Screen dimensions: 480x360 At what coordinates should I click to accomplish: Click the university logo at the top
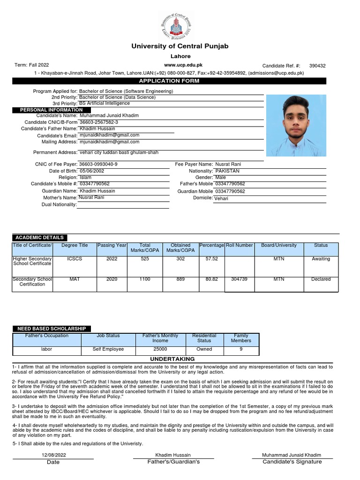[176, 26]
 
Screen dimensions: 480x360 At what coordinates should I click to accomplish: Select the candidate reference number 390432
[317, 66]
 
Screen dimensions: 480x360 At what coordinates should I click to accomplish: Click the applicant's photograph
[296, 125]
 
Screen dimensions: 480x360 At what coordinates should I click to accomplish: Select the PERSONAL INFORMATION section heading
[51, 110]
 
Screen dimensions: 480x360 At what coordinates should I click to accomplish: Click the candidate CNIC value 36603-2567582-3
[99, 122]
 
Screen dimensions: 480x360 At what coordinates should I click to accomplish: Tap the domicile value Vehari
[221, 199]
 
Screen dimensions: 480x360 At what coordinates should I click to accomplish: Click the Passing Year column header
[112, 245]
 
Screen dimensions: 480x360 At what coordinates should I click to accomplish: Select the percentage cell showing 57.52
[212, 259]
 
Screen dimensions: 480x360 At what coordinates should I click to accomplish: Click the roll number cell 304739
[239, 279]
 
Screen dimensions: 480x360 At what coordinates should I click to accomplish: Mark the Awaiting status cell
[321, 259]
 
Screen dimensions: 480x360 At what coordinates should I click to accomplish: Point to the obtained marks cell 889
[180, 279]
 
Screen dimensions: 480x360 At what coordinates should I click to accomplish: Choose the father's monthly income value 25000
[160, 349]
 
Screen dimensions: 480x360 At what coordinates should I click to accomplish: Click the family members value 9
[241, 349]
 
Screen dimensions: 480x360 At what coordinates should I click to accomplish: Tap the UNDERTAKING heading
[173, 359]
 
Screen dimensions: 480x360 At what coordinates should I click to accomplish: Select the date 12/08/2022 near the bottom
[54, 455]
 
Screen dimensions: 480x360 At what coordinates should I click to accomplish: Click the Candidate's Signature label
[292, 462]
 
